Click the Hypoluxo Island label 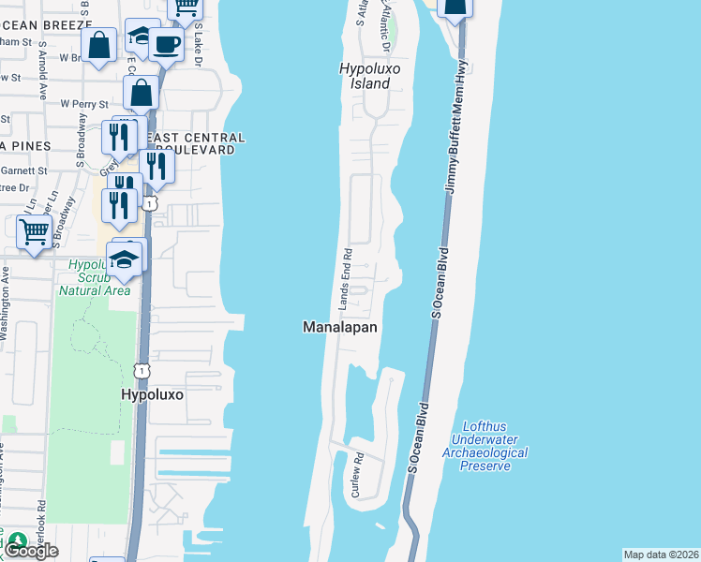click(364, 76)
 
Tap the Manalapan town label click(340, 327)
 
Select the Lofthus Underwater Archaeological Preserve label click(489, 446)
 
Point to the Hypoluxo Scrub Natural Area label click(94, 277)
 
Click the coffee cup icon click(166, 43)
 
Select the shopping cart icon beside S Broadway click(35, 230)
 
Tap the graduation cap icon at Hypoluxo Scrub click(125, 258)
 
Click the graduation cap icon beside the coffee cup click(142, 37)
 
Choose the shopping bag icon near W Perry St click(141, 94)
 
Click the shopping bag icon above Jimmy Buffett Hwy click(455, 7)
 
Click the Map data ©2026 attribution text click(662, 555)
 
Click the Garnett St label click(24, 170)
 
